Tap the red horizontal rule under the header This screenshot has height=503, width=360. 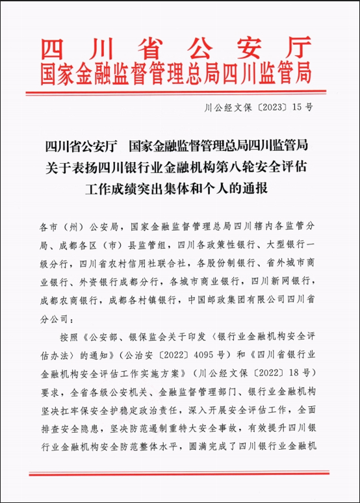(180, 93)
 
